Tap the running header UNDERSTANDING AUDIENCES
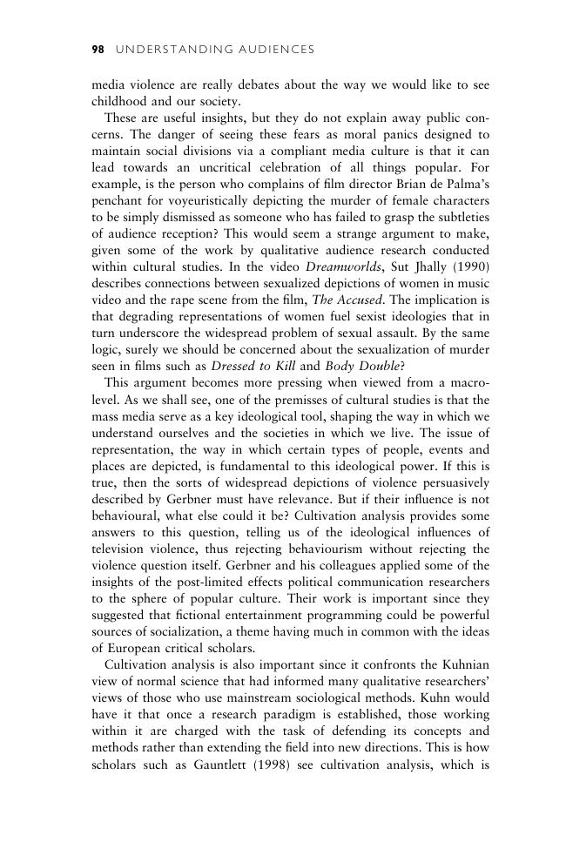tap(213, 50)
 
